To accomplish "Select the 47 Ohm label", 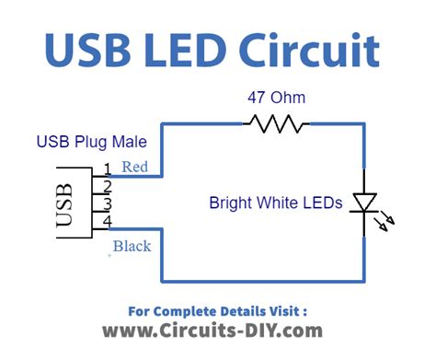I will (275, 96).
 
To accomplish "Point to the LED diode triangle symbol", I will (365, 203).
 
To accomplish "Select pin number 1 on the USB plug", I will (108, 168).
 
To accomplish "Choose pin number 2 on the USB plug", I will (108, 186).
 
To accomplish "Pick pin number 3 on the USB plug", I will (108, 203).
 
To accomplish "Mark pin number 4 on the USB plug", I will (108, 222).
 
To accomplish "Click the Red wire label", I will (134, 167).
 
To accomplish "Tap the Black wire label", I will (132, 246).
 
